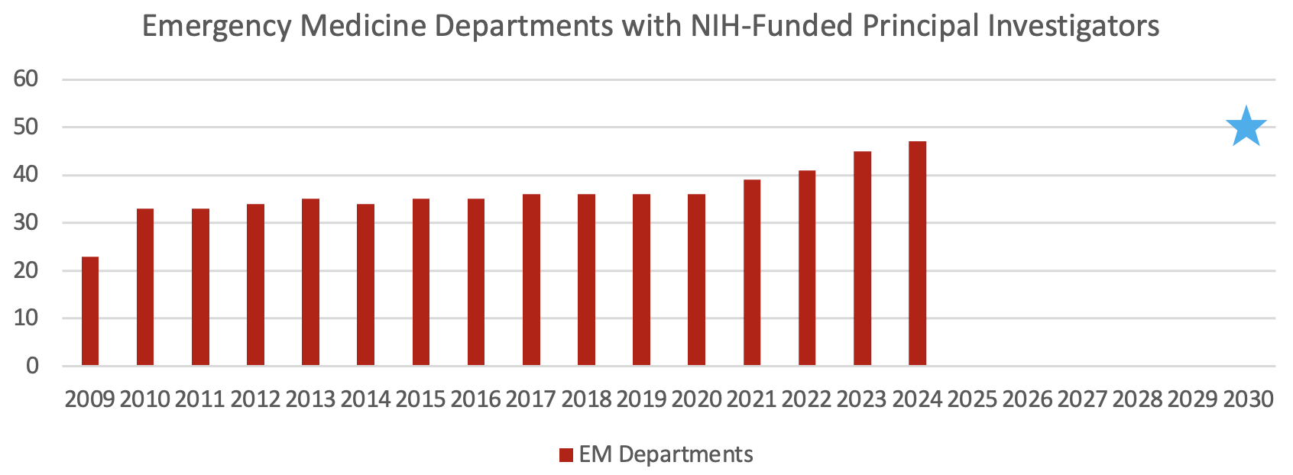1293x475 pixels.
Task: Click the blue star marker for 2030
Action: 1246,128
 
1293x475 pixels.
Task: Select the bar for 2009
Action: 90,312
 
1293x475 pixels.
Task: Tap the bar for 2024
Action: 917,254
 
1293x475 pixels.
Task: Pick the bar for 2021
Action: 752,273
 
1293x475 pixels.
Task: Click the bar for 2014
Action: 365,285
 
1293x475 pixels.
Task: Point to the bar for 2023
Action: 862,259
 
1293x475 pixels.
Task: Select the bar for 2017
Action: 531,280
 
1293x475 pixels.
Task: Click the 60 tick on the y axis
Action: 26,79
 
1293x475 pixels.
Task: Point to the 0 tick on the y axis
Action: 32,367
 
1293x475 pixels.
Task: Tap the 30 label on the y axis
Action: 26,223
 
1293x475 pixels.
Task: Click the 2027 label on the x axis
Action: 1083,399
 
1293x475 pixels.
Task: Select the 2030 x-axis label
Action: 1248,399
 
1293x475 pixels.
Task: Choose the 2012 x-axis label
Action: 255,399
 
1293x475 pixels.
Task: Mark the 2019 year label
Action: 641,399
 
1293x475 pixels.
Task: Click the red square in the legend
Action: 566,455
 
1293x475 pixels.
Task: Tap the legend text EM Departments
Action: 666,454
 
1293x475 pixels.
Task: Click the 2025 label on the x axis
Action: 972,399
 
